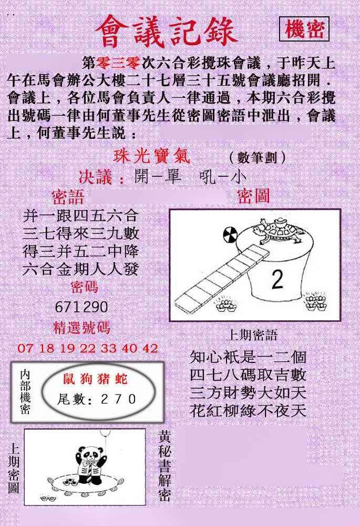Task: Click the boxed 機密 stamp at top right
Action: (304, 29)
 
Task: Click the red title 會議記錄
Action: (167, 32)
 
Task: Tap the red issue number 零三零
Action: (118, 63)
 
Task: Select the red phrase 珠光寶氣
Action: (151, 156)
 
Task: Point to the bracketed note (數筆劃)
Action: (258, 157)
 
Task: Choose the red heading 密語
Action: (68, 197)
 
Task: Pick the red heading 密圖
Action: (253, 196)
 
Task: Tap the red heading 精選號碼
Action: (81, 327)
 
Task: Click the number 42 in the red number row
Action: (150, 348)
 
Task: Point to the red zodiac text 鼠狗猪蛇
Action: (96, 379)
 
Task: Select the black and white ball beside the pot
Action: (230, 233)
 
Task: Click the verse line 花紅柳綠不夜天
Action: (248, 410)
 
